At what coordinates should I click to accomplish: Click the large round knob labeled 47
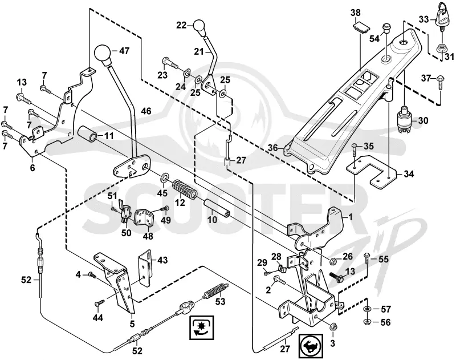point(103,54)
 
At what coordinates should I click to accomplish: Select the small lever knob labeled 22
point(199,27)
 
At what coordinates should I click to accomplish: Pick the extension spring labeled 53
point(215,291)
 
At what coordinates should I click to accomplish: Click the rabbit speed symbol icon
point(311,346)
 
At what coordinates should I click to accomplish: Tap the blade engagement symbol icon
point(202,327)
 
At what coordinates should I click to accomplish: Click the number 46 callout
point(146,111)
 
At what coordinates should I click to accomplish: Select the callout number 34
point(409,174)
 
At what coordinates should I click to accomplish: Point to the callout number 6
point(32,168)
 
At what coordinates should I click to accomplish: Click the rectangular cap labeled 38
point(361,28)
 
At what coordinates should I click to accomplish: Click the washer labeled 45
point(165,177)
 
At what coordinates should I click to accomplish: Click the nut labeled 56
point(367,322)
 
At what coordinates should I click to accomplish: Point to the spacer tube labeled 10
point(217,208)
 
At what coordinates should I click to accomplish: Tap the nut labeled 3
point(333,327)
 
